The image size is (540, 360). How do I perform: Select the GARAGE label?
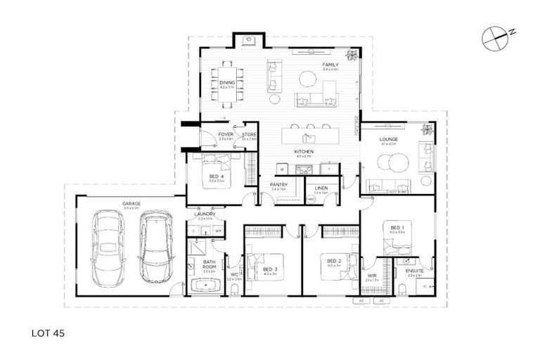[x=131, y=204]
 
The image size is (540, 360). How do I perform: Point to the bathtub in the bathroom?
[x=203, y=286]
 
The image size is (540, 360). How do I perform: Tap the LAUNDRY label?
[x=205, y=214]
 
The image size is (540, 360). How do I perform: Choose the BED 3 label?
[x=270, y=269]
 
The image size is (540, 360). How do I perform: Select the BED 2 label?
[x=334, y=261]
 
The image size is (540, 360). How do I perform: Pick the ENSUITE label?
[x=413, y=271]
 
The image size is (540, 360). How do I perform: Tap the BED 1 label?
[x=397, y=227]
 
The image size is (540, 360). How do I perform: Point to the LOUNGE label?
[x=389, y=139]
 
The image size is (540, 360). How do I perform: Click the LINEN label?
[x=321, y=188]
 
